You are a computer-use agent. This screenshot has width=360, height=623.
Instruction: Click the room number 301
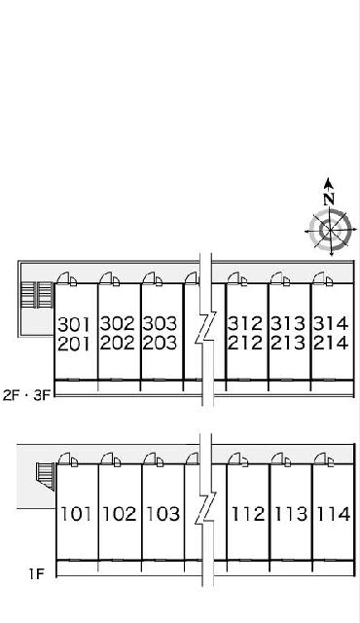click(x=74, y=324)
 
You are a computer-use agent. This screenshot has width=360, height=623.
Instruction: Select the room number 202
click(x=117, y=343)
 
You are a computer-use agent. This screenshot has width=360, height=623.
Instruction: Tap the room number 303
click(x=160, y=324)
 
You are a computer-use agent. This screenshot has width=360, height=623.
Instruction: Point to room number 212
click(x=245, y=343)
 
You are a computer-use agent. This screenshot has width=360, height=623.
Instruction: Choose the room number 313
click(x=288, y=324)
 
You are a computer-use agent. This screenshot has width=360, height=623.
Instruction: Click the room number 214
click(x=331, y=343)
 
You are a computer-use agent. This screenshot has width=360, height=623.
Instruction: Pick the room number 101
click(x=76, y=514)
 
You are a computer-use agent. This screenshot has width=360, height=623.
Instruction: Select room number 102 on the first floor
click(x=119, y=514)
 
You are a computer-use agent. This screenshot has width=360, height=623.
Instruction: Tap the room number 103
click(x=162, y=514)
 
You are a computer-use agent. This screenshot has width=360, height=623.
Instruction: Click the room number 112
click(x=248, y=514)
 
